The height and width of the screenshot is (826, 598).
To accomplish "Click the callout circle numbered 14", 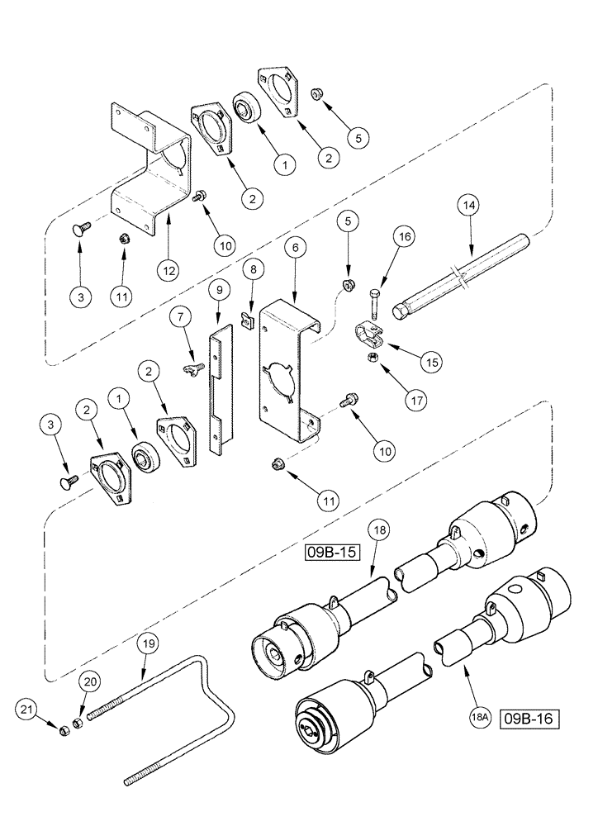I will point(471,203).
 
